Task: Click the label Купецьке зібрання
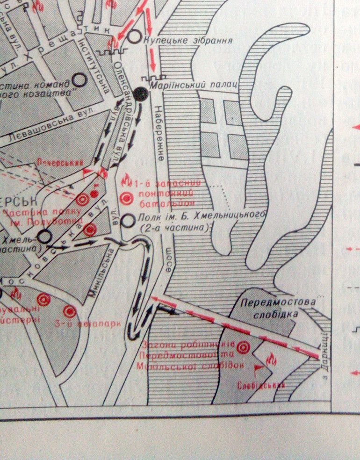188,40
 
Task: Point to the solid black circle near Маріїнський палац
141,94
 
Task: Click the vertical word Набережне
158,133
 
